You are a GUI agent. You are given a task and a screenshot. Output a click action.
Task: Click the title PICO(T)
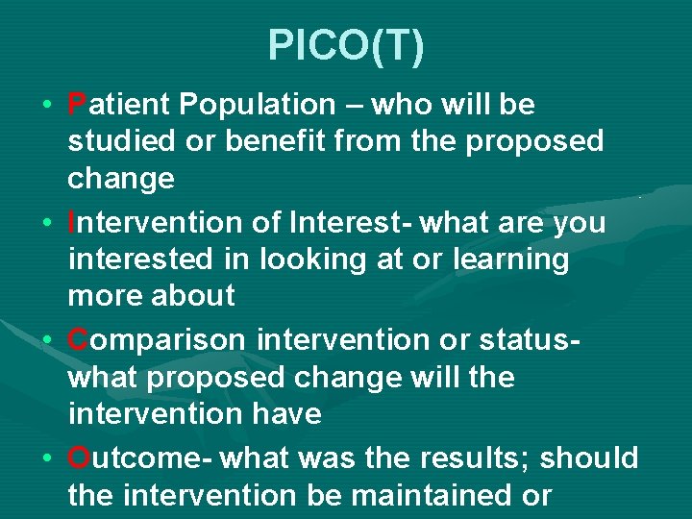point(345,46)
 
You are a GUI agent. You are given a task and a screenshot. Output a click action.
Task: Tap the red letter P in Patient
point(77,104)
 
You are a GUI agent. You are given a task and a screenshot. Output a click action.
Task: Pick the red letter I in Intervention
point(73,222)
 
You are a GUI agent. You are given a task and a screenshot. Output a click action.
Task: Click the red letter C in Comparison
point(79,339)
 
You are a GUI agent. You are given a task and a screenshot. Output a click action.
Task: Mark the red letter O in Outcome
point(80,457)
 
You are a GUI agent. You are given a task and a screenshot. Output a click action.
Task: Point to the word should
point(588,457)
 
